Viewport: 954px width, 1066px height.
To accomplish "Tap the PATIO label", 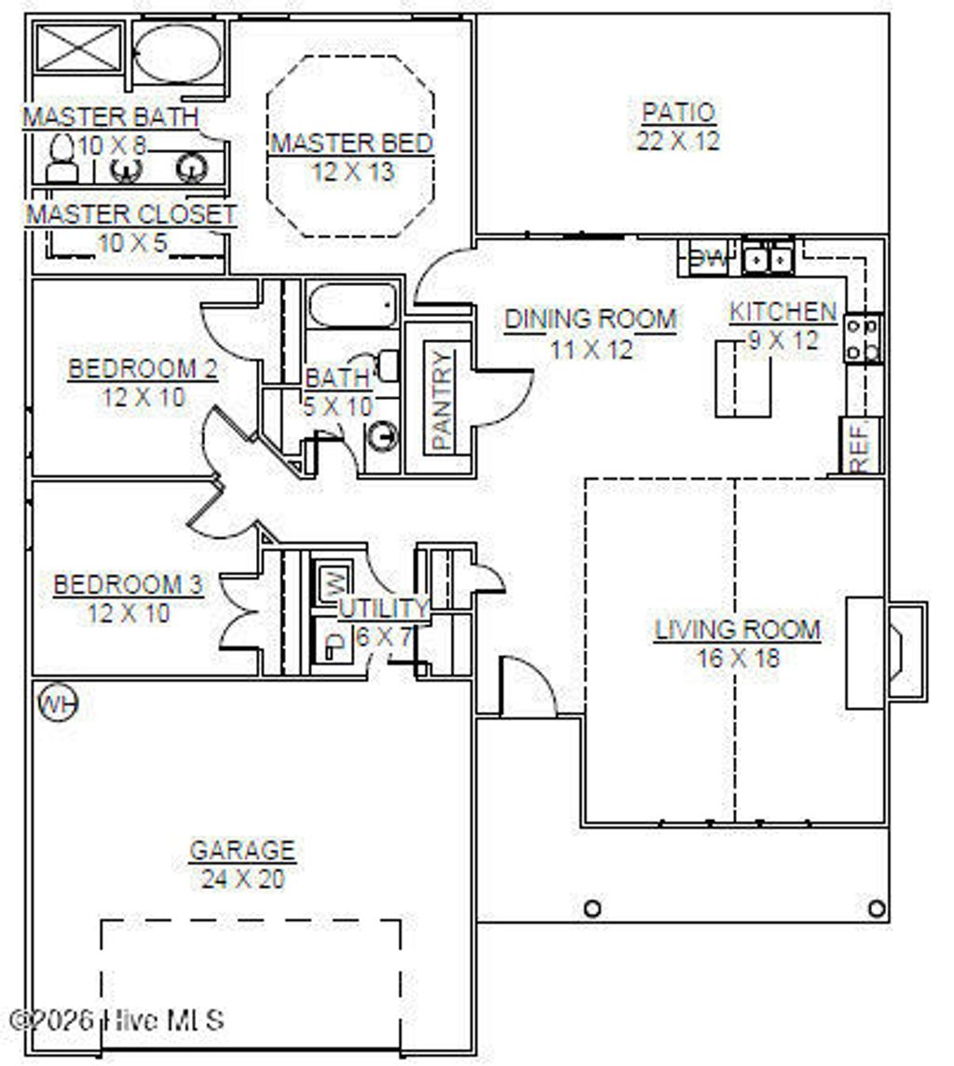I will (x=678, y=113).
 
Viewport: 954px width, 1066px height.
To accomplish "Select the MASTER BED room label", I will (x=351, y=143).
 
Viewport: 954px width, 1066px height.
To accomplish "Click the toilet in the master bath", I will (x=61, y=160).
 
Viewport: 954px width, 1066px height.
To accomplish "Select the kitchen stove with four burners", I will (x=864, y=338).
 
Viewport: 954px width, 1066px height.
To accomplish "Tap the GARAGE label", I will (x=242, y=851).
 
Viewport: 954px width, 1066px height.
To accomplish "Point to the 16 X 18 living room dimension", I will (x=738, y=658).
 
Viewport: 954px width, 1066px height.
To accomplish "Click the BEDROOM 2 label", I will (x=143, y=369).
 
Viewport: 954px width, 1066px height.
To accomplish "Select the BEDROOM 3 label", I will (x=128, y=585).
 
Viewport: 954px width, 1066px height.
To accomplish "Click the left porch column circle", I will (x=592, y=908).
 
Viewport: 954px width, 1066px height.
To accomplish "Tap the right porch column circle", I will (x=876, y=908).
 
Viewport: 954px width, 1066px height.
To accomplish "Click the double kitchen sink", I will (x=768, y=257).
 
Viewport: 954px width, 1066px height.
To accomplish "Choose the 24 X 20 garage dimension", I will (x=242, y=879).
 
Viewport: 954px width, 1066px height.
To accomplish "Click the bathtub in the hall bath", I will (x=353, y=305).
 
